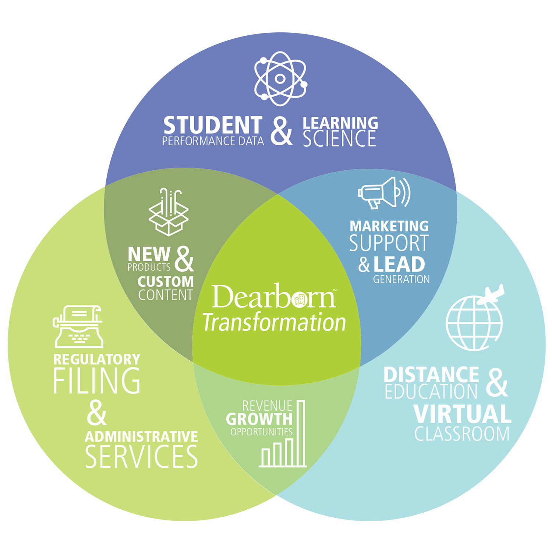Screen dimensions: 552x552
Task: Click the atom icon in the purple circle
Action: click(280, 79)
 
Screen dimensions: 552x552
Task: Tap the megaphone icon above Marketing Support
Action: click(383, 192)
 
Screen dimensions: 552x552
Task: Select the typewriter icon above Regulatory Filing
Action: click(78, 327)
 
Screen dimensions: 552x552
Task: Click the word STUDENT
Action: click(213, 125)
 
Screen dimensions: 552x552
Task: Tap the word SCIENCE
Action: click(339, 139)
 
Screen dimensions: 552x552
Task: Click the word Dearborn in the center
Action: click(273, 297)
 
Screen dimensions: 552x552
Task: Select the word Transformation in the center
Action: click(274, 322)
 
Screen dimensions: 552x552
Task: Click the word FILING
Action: click(97, 381)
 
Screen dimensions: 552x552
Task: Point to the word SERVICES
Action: click(141, 457)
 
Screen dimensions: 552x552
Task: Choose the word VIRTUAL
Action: click(462, 414)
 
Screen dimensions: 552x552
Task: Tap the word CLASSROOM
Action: click(462, 434)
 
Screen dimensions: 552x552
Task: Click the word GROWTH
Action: click(259, 419)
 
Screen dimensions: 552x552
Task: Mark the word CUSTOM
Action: click(166, 282)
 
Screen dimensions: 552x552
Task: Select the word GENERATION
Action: click(401, 279)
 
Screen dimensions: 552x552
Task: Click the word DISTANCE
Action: click(431, 375)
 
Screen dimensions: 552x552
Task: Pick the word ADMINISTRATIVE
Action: click(141, 437)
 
